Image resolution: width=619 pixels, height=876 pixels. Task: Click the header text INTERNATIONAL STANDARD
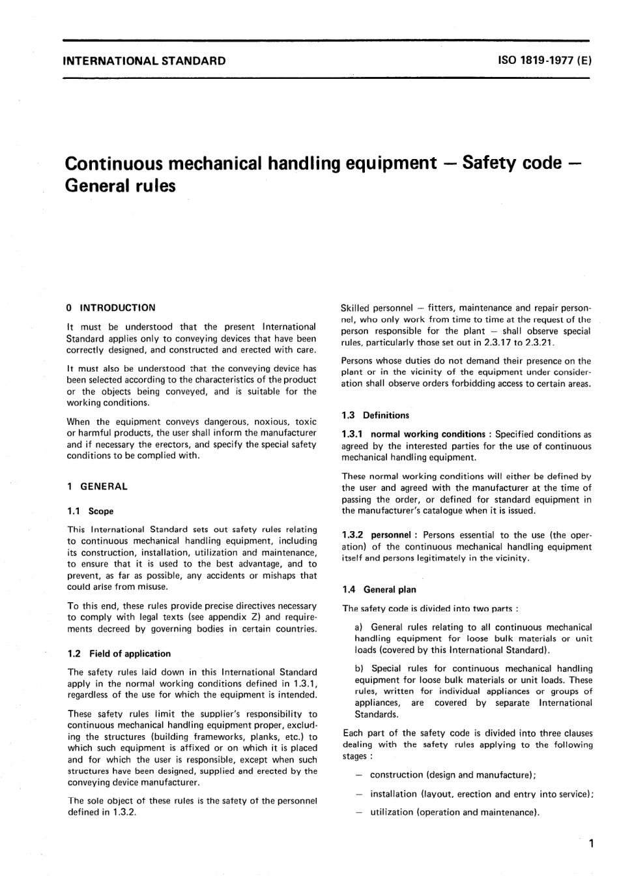point(144,61)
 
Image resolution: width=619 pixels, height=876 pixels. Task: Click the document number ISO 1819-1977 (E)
point(544,61)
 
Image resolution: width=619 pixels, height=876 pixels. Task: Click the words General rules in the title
point(121,186)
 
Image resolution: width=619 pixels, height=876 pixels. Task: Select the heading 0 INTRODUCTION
point(111,308)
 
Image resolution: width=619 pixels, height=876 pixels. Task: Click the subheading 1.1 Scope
point(91,511)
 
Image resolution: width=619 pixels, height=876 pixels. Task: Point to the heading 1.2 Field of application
point(119,653)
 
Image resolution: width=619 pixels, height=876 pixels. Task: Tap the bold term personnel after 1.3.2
point(391,534)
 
